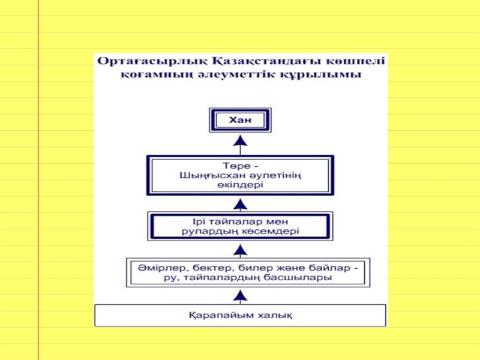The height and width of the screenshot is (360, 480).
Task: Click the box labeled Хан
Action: click(239, 121)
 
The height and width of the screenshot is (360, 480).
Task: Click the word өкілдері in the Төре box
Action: click(240, 185)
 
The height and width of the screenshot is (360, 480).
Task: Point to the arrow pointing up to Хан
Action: click(240, 142)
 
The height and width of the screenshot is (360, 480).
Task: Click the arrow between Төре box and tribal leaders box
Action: click(240, 204)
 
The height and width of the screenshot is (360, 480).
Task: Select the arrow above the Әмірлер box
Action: click(240, 249)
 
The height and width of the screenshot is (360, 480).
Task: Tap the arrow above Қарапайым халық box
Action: click(240, 295)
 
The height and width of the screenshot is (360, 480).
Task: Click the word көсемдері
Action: click(273, 231)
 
